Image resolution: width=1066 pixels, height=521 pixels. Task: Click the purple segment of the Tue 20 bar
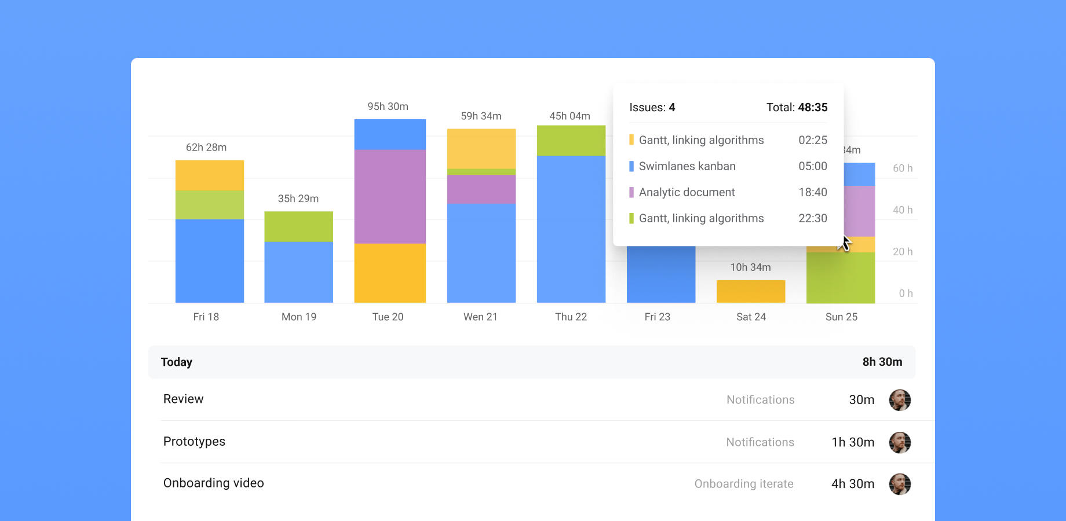tap(390, 196)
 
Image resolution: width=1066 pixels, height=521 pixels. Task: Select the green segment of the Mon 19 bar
tap(298, 226)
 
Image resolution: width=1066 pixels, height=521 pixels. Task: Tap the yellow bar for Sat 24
tap(750, 291)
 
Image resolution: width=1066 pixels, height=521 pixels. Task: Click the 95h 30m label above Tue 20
tap(388, 107)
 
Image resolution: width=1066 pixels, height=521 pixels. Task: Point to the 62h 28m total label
tap(206, 148)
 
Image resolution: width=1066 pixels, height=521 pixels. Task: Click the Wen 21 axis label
tap(480, 317)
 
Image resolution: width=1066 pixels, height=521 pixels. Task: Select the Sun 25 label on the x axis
tap(841, 317)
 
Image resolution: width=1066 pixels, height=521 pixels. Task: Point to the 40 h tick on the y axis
tap(902, 210)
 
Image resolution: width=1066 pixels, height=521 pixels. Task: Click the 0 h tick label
tap(906, 293)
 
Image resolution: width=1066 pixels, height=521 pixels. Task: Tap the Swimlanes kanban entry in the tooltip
tap(687, 166)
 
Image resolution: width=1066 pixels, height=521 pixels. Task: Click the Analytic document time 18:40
tap(812, 192)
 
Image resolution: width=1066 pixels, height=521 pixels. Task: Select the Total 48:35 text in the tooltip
tap(797, 108)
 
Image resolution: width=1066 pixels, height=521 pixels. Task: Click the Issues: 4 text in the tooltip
tap(652, 108)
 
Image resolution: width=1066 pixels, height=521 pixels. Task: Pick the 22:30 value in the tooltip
tap(812, 218)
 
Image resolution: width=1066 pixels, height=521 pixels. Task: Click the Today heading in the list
tap(177, 362)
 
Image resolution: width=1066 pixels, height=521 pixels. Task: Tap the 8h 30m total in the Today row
tap(882, 362)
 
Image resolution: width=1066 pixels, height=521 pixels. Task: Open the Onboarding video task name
tap(213, 483)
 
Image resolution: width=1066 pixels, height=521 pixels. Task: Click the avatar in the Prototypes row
tap(900, 442)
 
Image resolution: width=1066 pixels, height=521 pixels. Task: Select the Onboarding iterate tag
tap(744, 484)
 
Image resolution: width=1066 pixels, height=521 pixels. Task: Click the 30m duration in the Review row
tap(861, 400)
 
